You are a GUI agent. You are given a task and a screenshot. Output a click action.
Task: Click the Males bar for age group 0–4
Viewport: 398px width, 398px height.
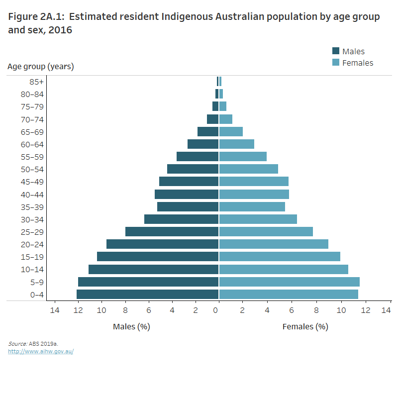[148, 294]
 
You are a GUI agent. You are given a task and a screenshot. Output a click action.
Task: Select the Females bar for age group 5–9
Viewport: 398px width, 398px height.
[289, 282]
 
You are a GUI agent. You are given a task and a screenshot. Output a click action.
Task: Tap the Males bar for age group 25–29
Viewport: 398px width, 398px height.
[172, 231]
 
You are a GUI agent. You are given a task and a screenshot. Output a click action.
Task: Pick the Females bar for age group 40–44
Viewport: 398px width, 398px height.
[254, 194]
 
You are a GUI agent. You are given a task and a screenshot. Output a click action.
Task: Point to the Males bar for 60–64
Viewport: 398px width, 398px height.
[203, 144]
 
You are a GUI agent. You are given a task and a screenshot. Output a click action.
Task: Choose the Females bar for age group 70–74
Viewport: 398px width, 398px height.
[226, 119]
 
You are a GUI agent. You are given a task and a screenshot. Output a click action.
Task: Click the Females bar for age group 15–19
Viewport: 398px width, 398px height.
[280, 256]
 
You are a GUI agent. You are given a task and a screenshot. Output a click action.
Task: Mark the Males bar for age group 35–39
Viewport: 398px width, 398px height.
[188, 206]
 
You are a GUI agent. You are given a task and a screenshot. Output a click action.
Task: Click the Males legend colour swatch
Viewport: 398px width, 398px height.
[336, 51]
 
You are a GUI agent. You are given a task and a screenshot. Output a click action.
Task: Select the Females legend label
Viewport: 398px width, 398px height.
[358, 63]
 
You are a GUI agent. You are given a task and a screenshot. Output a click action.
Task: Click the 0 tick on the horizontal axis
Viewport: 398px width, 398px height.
[216, 310]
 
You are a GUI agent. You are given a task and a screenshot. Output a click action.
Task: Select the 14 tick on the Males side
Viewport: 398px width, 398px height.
[55, 310]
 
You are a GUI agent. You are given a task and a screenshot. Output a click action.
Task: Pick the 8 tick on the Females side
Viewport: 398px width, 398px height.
[316, 310]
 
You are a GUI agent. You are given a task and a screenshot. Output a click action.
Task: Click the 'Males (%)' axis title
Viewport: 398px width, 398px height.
[131, 327]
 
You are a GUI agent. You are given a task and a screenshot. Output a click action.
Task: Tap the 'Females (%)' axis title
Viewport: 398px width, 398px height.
[305, 327]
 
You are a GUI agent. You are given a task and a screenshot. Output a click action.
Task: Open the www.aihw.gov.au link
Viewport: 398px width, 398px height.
[41, 351]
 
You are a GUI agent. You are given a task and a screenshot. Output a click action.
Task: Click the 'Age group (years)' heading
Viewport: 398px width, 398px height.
[41, 66]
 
